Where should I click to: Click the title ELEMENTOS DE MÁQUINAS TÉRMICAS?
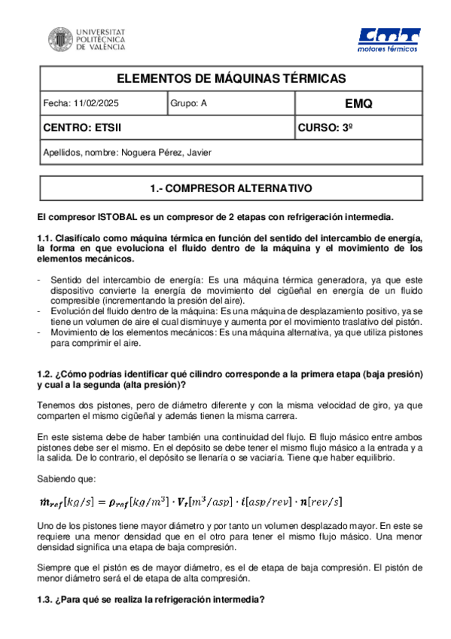[231, 78]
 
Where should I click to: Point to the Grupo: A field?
[188, 103]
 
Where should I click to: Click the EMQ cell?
[357, 103]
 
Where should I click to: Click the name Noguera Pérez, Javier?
[166, 152]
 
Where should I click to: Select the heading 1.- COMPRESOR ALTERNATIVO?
[231, 187]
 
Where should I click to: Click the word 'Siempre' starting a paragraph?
[53, 565]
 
